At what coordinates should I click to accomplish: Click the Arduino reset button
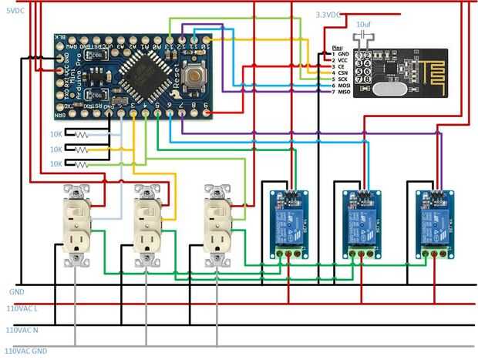(199, 76)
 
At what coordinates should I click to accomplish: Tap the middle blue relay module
(359, 224)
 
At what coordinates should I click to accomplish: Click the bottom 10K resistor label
(56, 164)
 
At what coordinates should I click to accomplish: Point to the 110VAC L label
(22, 308)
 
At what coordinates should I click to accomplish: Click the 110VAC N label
(22, 330)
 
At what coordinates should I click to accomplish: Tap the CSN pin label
(344, 72)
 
